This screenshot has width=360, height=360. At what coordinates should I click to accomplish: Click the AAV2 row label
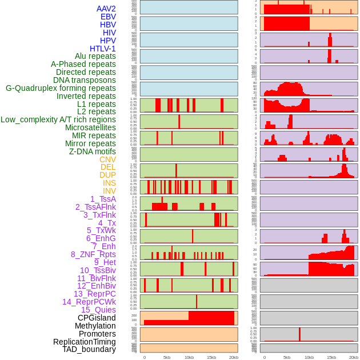(106, 9)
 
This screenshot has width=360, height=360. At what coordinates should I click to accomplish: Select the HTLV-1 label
(103, 49)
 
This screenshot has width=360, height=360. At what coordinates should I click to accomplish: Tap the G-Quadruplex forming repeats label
(61, 88)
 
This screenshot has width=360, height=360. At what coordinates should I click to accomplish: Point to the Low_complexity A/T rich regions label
(58, 119)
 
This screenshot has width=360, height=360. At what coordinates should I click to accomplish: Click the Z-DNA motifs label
(93, 151)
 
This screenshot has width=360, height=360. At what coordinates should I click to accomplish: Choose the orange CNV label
(107, 159)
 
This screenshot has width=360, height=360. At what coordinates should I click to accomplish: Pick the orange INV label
(109, 191)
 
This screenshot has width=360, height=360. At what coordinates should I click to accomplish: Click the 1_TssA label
(103, 199)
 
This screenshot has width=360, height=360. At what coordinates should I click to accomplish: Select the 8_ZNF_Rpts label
(93, 254)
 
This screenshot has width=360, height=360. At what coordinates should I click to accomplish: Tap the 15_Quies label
(98, 310)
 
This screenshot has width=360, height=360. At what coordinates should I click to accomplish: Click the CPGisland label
(97, 318)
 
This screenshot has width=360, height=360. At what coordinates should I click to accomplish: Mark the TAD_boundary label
(89, 349)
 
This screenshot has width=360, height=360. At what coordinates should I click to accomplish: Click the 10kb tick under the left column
(189, 357)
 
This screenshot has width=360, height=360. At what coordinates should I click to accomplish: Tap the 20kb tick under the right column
(354, 357)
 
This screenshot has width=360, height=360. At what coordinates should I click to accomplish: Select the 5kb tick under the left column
(167, 357)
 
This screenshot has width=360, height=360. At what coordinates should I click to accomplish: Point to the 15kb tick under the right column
(331, 357)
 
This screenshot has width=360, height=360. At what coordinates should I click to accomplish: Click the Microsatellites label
(90, 127)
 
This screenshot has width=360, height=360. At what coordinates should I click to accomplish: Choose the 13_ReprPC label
(95, 294)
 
